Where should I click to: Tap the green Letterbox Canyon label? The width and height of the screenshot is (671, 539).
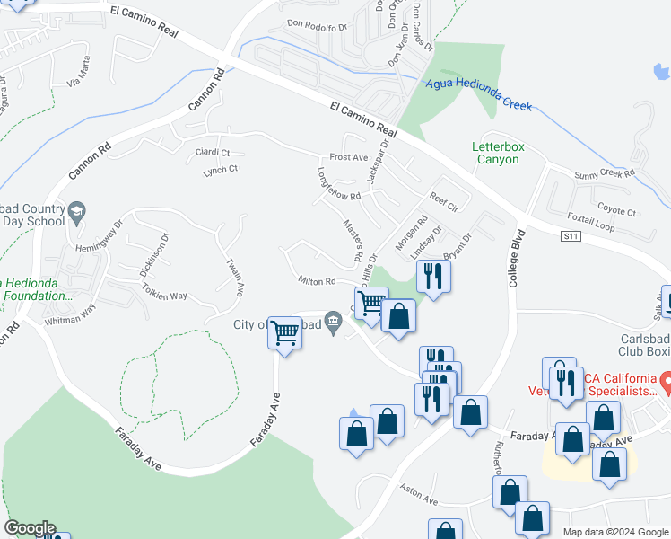[x=496, y=153]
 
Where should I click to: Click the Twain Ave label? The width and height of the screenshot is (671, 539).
[x=235, y=278]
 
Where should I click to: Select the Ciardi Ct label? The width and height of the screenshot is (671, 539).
[x=213, y=153]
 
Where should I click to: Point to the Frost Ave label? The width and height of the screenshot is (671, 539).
[x=349, y=157]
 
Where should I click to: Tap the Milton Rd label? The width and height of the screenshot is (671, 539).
[x=317, y=281]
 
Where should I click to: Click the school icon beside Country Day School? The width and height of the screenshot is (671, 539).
[x=76, y=214]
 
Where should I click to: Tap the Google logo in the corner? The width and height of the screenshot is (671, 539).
[x=30, y=528]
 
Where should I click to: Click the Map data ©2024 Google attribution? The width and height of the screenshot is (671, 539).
[x=614, y=532]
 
